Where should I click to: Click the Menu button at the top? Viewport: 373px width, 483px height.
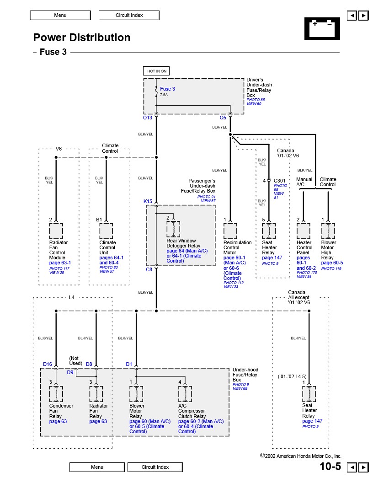(x=60, y=15)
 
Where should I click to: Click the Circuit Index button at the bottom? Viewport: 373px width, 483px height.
(x=155, y=467)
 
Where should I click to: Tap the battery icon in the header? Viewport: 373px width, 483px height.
(x=322, y=28)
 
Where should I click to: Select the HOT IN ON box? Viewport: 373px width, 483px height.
(x=157, y=71)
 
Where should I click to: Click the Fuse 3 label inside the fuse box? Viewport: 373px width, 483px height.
(x=167, y=89)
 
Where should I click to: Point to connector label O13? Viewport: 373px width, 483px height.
(x=147, y=118)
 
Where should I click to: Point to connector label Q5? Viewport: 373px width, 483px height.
(x=223, y=118)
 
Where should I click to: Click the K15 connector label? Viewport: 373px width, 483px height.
(x=148, y=201)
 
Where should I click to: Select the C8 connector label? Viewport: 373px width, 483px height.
(x=149, y=269)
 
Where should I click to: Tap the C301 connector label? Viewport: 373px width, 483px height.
(x=279, y=181)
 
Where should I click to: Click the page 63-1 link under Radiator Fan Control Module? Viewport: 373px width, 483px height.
(x=60, y=263)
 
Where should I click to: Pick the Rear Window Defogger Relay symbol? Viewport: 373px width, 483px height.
(x=173, y=229)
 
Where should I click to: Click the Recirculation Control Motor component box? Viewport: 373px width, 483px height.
(x=230, y=231)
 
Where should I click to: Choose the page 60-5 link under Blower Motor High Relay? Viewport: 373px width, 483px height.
(x=332, y=263)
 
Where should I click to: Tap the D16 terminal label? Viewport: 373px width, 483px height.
(x=48, y=364)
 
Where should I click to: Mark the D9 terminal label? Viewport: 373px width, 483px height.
(x=70, y=372)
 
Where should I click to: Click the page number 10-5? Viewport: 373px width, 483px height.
(x=330, y=467)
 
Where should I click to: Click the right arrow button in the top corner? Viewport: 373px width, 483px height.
(x=363, y=16)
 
